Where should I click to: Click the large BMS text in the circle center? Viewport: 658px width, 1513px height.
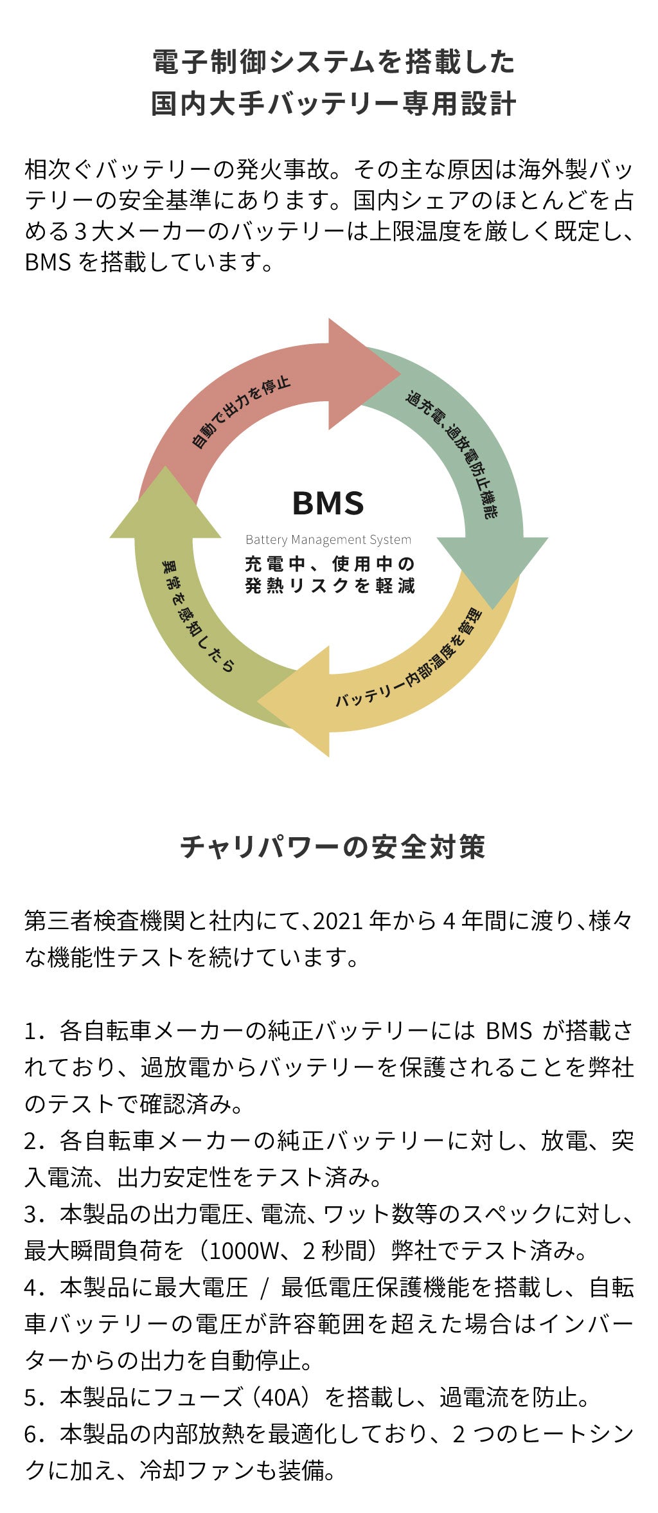[328, 503]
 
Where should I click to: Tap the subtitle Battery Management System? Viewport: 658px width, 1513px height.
[328, 540]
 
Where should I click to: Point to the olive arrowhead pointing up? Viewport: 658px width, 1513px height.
[165, 508]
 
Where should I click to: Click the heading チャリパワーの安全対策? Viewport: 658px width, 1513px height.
[332, 847]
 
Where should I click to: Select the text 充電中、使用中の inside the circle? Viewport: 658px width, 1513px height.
[330, 564]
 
